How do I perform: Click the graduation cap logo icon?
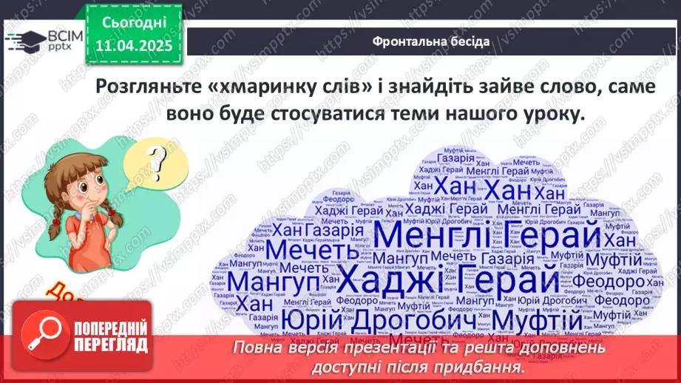[x=24, y=39]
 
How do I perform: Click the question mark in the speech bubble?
[x=155, y=157]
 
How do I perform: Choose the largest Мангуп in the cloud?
[x=273, y=282]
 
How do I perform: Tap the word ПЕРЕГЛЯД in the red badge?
[x=109, y=345]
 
